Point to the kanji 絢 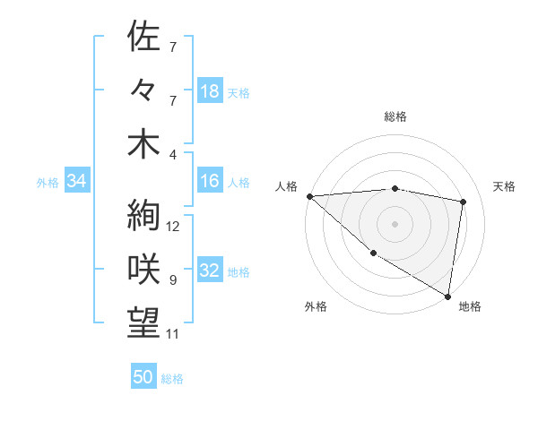click(x=143, y=216)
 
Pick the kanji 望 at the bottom click(x=143, y=322)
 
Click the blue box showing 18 click(x=210, y=91)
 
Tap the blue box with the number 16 click(x=210, y=181)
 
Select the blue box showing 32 click(x=210, y=271)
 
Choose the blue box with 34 click(x=76, y=182)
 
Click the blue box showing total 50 click(x=143, y=377)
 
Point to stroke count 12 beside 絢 click(x=174, y=227)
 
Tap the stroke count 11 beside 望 click(x=173, y=334)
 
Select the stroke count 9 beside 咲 click(x=173, y=280)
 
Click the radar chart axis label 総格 click(x=395, y=116)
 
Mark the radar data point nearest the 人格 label click(x=309, y=196)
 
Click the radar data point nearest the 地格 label click(x=448, y=296)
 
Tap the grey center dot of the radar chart click(x=395, y=223)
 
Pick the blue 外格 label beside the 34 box click(x=48, y=183)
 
